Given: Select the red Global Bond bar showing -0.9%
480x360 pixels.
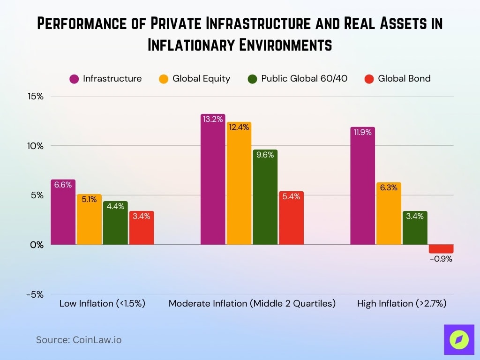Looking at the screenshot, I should coord(441,249).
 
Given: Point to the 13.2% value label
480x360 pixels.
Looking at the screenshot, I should coord(213,119).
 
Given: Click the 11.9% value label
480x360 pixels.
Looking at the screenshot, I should coord(362,132).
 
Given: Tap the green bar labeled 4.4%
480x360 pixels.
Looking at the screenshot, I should coord(115,223).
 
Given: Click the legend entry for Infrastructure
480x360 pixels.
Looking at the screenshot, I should coord(105,79).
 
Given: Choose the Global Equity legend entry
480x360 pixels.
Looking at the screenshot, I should coord(195,79).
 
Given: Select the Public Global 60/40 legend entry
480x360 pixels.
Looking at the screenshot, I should coord(298,79).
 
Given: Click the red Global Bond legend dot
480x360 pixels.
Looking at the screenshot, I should coord(369,79).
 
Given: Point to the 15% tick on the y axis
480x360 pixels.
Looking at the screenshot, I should coord(35,96).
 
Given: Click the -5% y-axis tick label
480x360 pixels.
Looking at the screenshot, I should coord(34,294).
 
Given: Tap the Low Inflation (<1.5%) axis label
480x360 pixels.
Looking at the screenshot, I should coord(102,303).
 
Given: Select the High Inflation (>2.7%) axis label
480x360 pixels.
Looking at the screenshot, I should coord(402,303).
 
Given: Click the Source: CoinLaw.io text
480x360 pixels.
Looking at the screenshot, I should coord(79,340).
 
